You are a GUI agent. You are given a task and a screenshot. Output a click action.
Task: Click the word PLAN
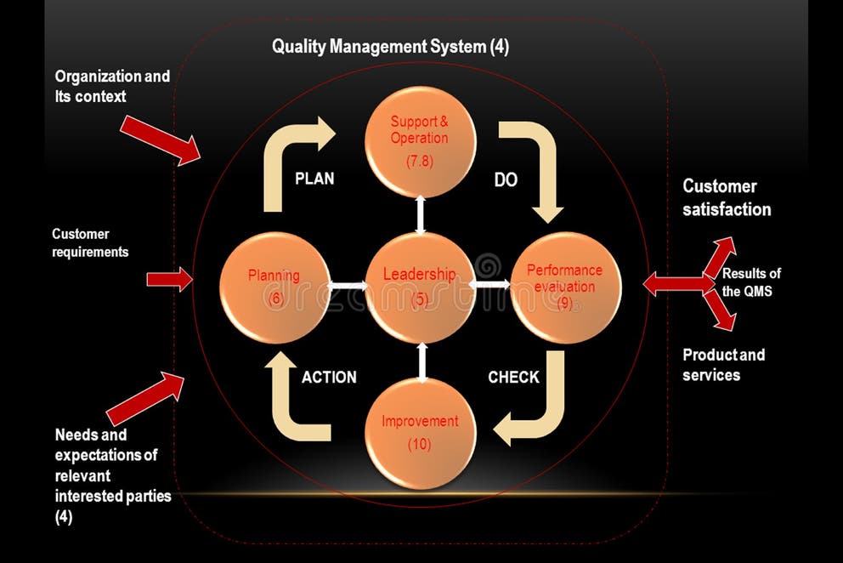[x=314, y=179]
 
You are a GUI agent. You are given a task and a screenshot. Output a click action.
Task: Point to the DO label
[x=506, y=180]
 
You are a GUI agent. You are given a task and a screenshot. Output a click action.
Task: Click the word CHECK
[x=513, y=377]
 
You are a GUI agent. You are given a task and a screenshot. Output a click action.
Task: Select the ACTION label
[x=329, y=377]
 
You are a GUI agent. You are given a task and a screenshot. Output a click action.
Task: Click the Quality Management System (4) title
[x=390, y=47]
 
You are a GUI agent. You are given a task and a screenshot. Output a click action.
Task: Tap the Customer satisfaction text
[x=727, y=197]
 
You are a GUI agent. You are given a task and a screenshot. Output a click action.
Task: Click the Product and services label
[x=723, y=365]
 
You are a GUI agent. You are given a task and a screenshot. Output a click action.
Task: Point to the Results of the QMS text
[x=751, y=281]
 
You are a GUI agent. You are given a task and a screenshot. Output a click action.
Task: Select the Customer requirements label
[x=90, y=242]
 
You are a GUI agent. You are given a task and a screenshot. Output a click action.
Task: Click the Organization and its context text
[x=112, y=86]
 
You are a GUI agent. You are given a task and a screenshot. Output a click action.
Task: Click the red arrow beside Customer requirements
[x=169, y=279]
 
